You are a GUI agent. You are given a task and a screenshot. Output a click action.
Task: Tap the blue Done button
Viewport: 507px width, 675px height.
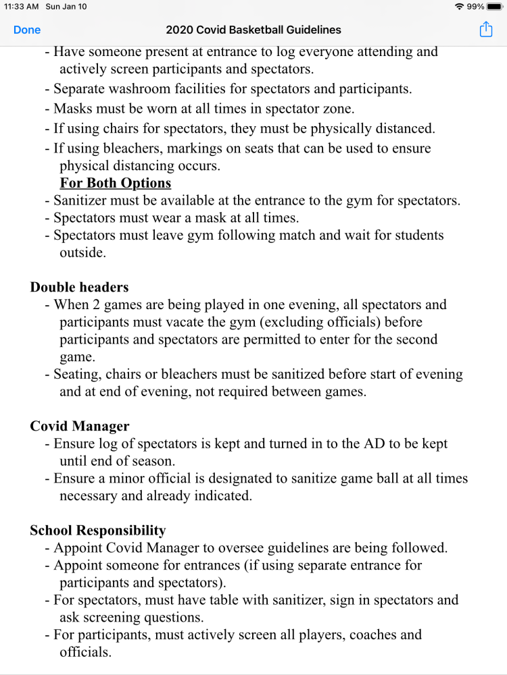(27, 30)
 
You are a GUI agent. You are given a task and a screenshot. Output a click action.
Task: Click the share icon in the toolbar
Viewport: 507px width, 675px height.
(485, 30)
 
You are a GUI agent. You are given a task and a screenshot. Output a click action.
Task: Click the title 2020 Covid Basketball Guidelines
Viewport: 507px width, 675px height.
(254, 30)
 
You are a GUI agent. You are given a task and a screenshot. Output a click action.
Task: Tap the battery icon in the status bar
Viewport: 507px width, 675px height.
(495, 7)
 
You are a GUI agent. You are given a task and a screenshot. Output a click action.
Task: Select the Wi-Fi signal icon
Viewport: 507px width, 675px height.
(460, 7)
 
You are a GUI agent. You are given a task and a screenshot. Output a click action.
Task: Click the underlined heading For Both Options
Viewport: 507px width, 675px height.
(115, 183)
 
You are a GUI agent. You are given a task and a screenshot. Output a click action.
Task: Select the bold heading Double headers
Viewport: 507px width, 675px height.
(79, 287)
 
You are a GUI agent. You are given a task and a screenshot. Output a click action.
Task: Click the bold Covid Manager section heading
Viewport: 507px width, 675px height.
(80, 427)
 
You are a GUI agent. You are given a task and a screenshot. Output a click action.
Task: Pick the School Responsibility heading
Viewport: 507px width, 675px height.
(97, 531)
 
